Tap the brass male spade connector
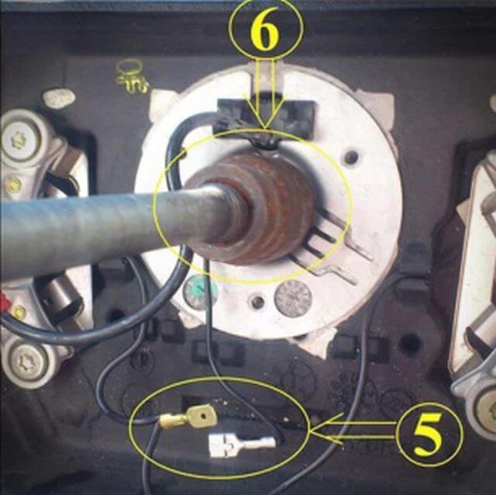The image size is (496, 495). click(x=190, y=420)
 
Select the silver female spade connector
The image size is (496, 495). click(x=241, y=446)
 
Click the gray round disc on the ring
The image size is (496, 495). click(x=293, y=298)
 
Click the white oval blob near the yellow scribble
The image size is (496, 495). click(x=59, y=98)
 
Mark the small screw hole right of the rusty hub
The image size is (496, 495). click(x=351, y=157)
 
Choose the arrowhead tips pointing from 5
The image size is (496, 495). click(x=325, y=431)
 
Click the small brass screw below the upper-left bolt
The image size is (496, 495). click(x=13, y=185)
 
